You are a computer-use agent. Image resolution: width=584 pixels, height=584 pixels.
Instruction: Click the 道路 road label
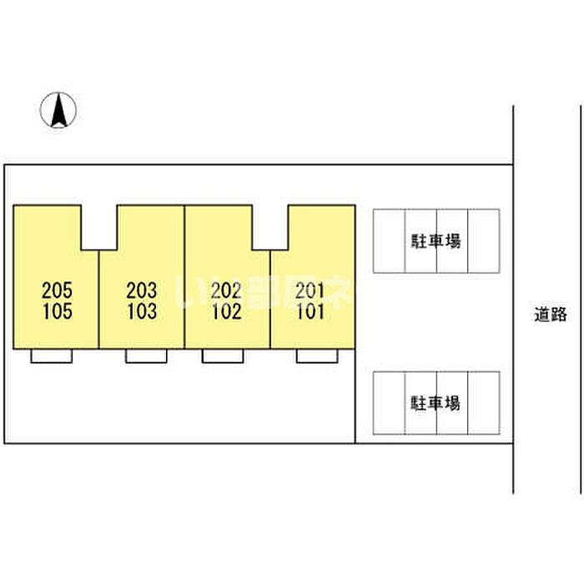point(551,315)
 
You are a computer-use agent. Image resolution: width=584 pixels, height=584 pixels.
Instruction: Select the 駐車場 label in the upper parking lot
point(435,241)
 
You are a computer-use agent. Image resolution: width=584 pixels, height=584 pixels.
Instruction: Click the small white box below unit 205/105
point(52,355)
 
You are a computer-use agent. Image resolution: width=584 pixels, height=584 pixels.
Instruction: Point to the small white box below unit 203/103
point(147,355)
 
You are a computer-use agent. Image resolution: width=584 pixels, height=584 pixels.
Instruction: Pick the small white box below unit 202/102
point(223,355)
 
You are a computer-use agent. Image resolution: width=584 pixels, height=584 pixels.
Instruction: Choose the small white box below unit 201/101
point(317,355)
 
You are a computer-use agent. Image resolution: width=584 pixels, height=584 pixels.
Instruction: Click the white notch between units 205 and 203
point(99,227)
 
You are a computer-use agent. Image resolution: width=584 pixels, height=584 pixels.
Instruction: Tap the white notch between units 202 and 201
point(270,227)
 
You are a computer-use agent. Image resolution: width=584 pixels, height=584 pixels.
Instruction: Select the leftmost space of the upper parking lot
point(389,240)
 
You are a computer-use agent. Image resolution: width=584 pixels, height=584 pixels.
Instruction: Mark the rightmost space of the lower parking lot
point(484,403)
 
